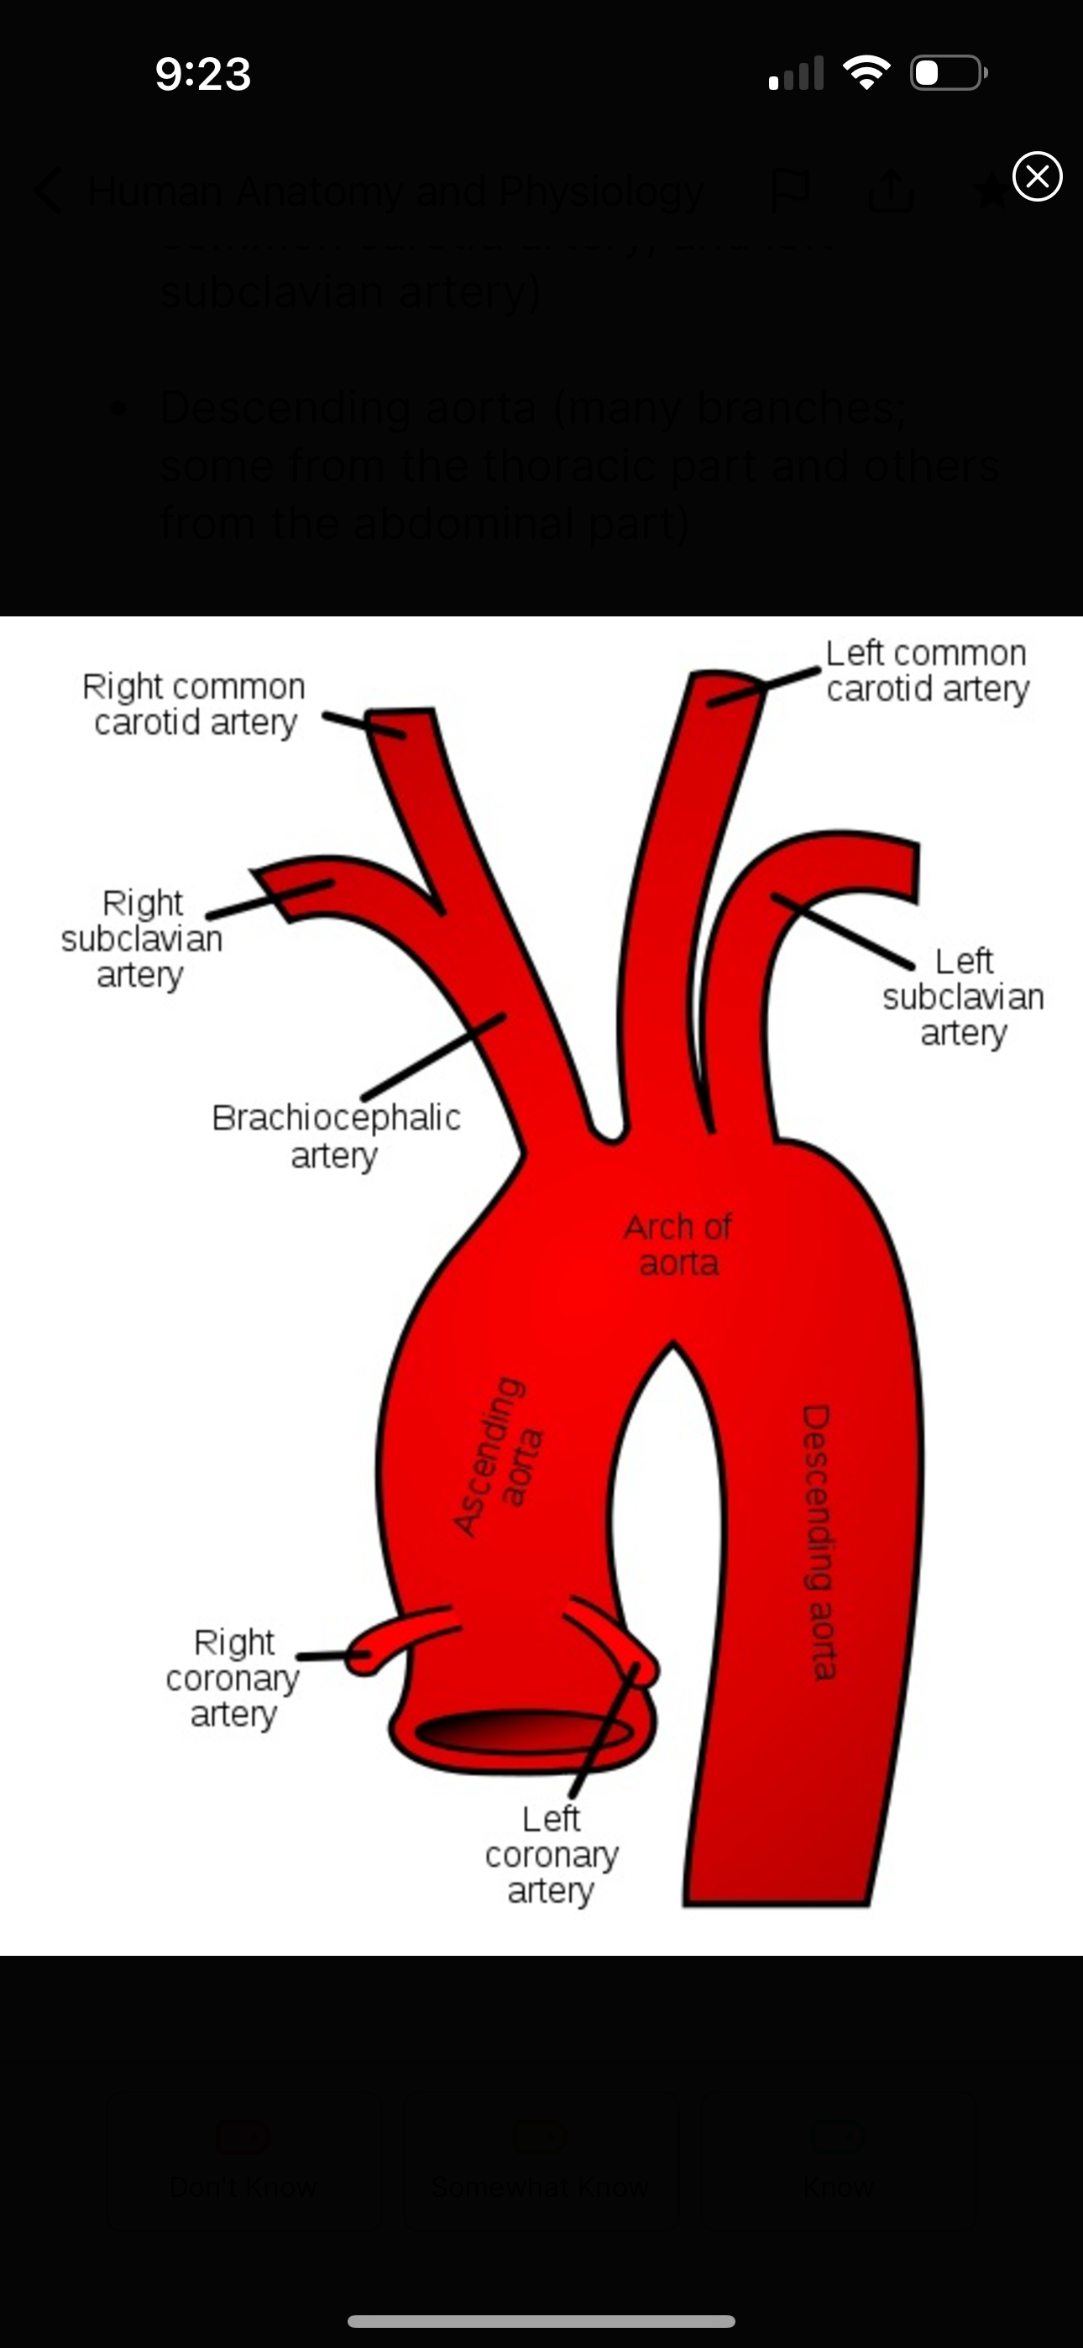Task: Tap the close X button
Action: (1038, 177)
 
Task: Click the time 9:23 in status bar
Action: (202, 74)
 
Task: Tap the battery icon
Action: (947, 73)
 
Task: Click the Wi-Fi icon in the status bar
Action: (867, 73)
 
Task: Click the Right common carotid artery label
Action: (194, 705)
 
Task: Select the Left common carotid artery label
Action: (927, 671)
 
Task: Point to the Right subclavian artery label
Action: (142, 939)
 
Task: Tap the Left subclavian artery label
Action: (963, 997)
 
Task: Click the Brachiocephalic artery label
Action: (336, 1135)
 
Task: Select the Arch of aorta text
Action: (678, 1245)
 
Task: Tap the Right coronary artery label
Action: (233, 1678)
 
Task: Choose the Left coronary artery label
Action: (552, 1855)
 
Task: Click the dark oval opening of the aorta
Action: (524, 1732)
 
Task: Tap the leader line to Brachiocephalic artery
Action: (433, 1057)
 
